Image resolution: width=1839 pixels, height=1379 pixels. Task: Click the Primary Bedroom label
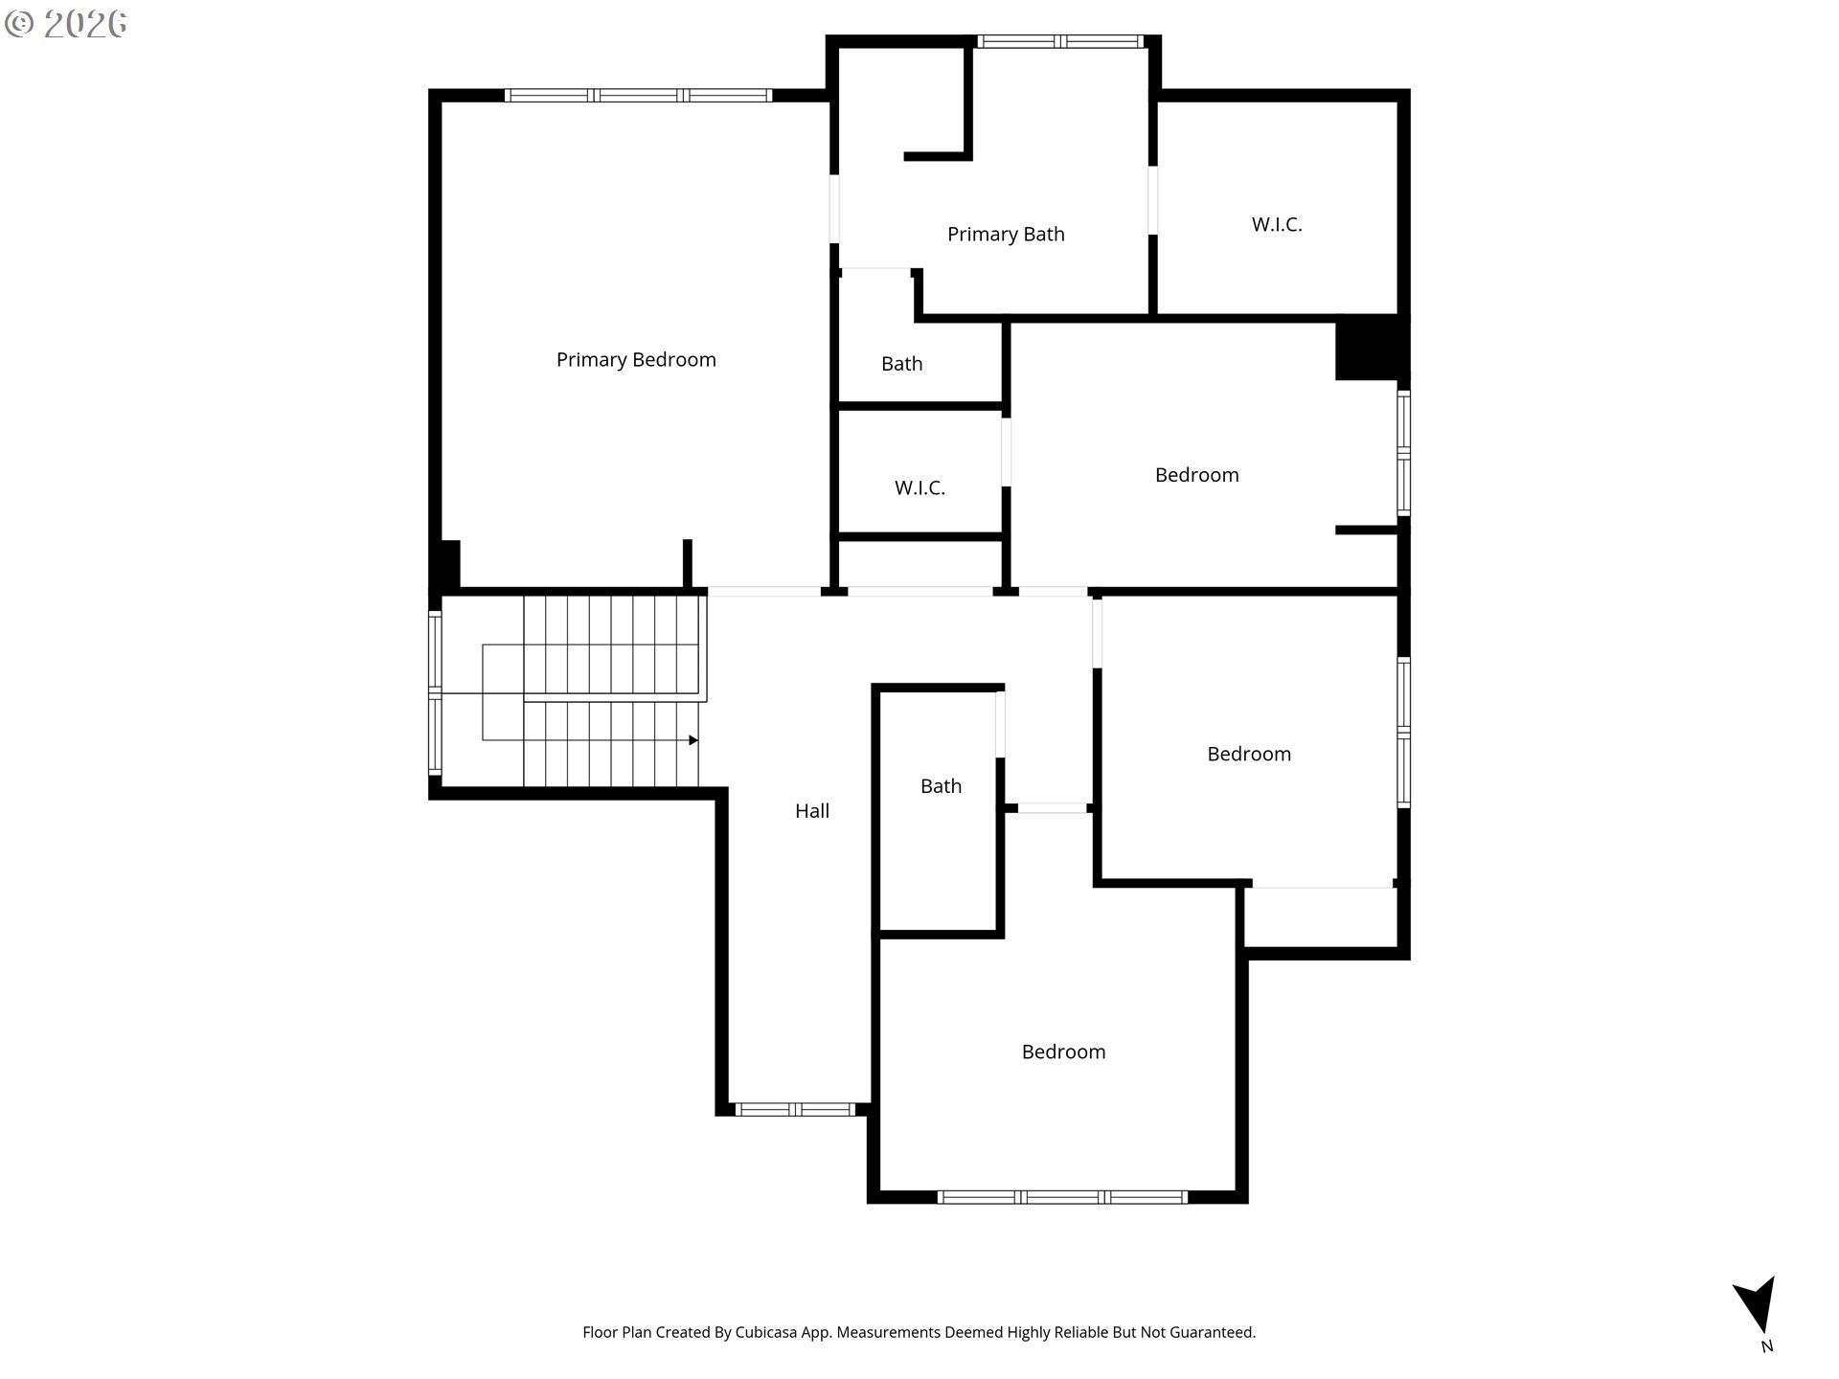[x=636, y=360]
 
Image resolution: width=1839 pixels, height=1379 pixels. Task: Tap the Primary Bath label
[x=1006, y=235]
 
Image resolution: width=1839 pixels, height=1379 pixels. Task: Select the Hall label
[x=812, y=811]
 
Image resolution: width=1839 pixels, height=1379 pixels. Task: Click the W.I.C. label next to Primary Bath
[x=1277, y=225]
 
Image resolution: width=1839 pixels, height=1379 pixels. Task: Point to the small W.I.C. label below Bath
[x=919, y=488]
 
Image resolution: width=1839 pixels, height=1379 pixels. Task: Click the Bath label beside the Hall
[x=941, y=786]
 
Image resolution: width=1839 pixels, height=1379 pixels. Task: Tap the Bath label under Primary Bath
[x=901, y=364]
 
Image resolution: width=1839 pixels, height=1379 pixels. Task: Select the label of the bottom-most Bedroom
[x=1063, y=1052]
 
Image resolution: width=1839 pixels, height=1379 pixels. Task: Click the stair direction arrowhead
[x=693, y=740]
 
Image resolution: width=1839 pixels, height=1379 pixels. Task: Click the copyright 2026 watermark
[x=66, y=24]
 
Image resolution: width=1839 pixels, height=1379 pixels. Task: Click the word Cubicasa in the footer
[x=769, y=1332]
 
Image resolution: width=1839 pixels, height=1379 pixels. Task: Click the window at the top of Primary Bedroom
[x=638, y=96]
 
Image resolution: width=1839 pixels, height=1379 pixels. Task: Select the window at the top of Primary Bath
[x=1059, y=42]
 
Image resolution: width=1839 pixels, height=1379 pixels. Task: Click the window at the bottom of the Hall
[x=794, y=1110]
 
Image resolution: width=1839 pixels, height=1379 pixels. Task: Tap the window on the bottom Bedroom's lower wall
[x=1062, y=1197]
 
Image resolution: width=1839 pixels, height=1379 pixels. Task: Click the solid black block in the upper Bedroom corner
[x=1370, y=348]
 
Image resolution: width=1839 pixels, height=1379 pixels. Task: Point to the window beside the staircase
[x=435, y=692]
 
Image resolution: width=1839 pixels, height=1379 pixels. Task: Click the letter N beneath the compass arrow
[x=1767, y=1346]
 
